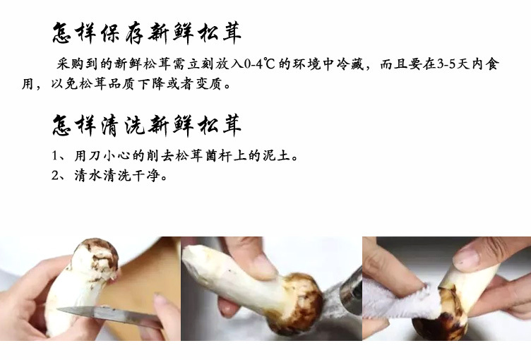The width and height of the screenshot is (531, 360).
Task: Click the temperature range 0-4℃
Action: [259, 64]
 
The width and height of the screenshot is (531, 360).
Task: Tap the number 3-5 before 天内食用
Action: [446, 64]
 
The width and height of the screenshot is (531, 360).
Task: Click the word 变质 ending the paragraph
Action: [208, 84]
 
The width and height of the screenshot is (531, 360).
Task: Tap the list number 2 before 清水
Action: [56, 176]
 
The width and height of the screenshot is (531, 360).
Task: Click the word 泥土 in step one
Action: [277, 156]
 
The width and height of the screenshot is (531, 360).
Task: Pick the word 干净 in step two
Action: [146, 176]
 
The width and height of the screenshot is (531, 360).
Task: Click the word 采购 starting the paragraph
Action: [71, 64]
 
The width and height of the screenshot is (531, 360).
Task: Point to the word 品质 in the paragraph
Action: [121, 84]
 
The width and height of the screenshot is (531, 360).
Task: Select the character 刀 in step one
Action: [95, 156]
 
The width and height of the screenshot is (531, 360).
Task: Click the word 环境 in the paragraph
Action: [306, 64]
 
